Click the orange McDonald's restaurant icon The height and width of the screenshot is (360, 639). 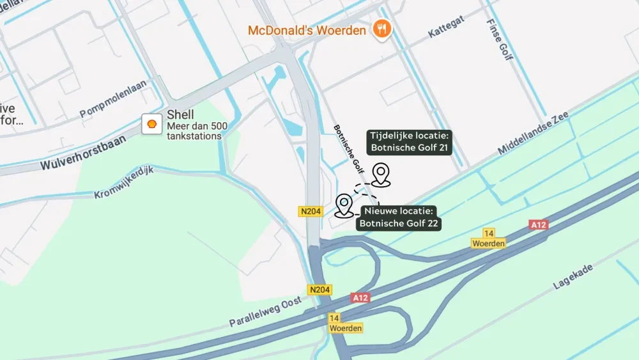coord(382,29)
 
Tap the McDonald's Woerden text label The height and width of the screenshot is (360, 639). coord(307,31)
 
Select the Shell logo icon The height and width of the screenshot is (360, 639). coord(152,124)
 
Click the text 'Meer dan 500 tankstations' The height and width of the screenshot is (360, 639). coord(197,130)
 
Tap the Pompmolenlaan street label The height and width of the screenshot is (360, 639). coord(113,100)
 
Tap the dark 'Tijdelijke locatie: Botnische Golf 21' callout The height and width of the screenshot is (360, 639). coord(410,142)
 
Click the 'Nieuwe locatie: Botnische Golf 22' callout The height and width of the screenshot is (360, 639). coord(399,217)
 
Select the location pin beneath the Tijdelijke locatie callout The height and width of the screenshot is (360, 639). coord(381,174)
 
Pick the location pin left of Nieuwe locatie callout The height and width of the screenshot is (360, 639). coord(344,205)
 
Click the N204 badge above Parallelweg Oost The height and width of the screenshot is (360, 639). coord(320,290)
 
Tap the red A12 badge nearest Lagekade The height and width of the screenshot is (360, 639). coord(538,225)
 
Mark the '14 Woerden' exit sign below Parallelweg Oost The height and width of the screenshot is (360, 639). coord(346,323)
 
